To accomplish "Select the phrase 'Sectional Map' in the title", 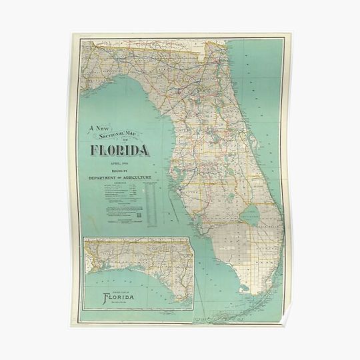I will [122, 133].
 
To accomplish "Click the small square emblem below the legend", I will [138, 214].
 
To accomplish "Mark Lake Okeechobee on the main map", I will [251, 213].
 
